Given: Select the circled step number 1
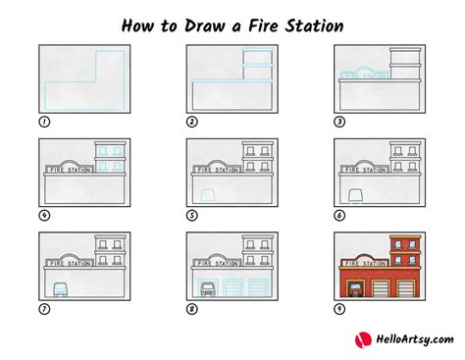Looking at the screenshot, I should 43,122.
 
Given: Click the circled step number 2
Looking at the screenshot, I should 191,122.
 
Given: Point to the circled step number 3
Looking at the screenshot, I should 339,122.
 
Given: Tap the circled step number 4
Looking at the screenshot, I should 43,215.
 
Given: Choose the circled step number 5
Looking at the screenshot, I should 191,215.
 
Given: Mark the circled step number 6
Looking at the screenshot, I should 339,215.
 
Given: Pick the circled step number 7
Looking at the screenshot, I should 43,309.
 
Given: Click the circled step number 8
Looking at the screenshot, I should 191,309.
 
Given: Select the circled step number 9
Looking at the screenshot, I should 339,309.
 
